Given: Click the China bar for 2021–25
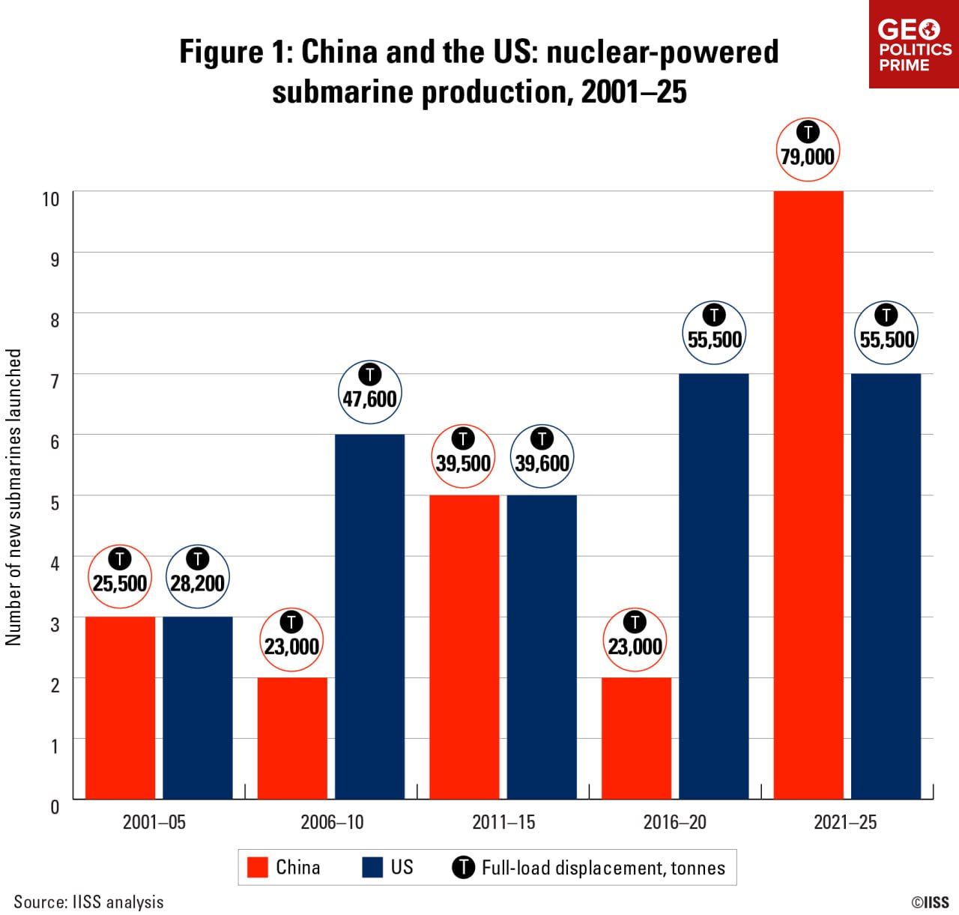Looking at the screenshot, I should coord(808,495).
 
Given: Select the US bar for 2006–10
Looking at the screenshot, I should coord(369,616).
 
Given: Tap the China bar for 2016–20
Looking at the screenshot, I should coord(636,738).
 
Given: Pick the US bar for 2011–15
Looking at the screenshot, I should coord(542,647).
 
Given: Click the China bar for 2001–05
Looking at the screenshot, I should coord(120,707).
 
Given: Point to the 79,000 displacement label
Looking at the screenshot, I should coord(808,157).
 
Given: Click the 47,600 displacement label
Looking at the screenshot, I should coord(369,399).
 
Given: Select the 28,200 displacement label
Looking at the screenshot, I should coord(197,583).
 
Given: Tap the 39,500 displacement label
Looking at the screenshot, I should coord(463,463).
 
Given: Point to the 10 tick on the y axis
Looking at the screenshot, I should coord(50,199).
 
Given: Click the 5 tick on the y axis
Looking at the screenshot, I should coord(55,502).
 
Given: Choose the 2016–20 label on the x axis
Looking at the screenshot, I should coord(674,822).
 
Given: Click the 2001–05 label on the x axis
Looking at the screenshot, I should coord(154,822).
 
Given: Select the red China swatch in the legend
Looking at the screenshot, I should coord(258,867).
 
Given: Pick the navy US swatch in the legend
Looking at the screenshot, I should coord(372,867).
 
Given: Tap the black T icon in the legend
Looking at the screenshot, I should coord(463,867).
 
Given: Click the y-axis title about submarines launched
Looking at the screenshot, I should coord(13,497).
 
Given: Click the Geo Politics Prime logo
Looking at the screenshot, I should coord(914,45).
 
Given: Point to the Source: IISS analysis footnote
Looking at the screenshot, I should coord(88,902).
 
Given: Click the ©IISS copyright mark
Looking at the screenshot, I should coord(930,902).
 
